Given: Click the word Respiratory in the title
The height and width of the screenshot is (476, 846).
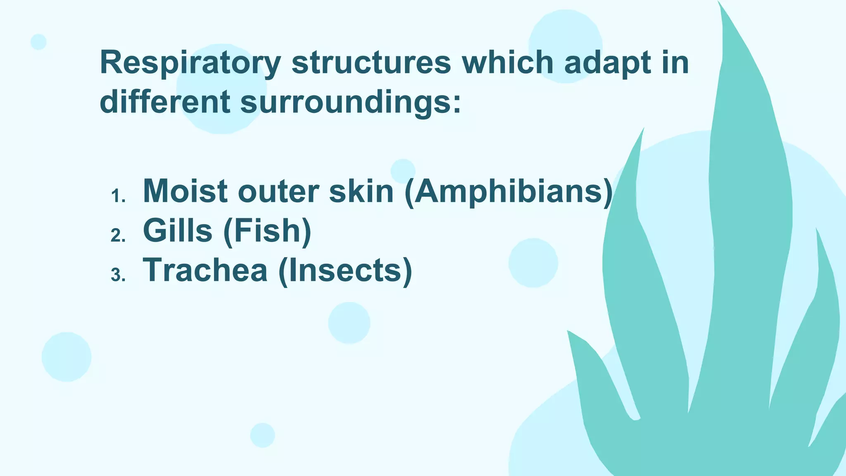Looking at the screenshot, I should pyautogui.click(x=190, y=63).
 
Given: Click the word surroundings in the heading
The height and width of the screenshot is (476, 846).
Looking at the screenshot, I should pyautogui.click(x=350, y=102).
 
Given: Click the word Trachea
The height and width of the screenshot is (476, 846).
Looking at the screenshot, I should pyautogui.click(x=205, y=270).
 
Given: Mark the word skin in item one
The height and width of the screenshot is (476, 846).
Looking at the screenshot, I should pyautogui.click(x=361, y=191).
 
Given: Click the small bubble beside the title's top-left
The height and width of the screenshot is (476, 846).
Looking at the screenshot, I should pyautogui.click(x=38, y=42).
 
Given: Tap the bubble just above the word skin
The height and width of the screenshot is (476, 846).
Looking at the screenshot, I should pyautogui.click(x=403, y=171).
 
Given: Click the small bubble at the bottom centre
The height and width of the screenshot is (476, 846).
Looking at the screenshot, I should pyautogui.click(x=262, y=435).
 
